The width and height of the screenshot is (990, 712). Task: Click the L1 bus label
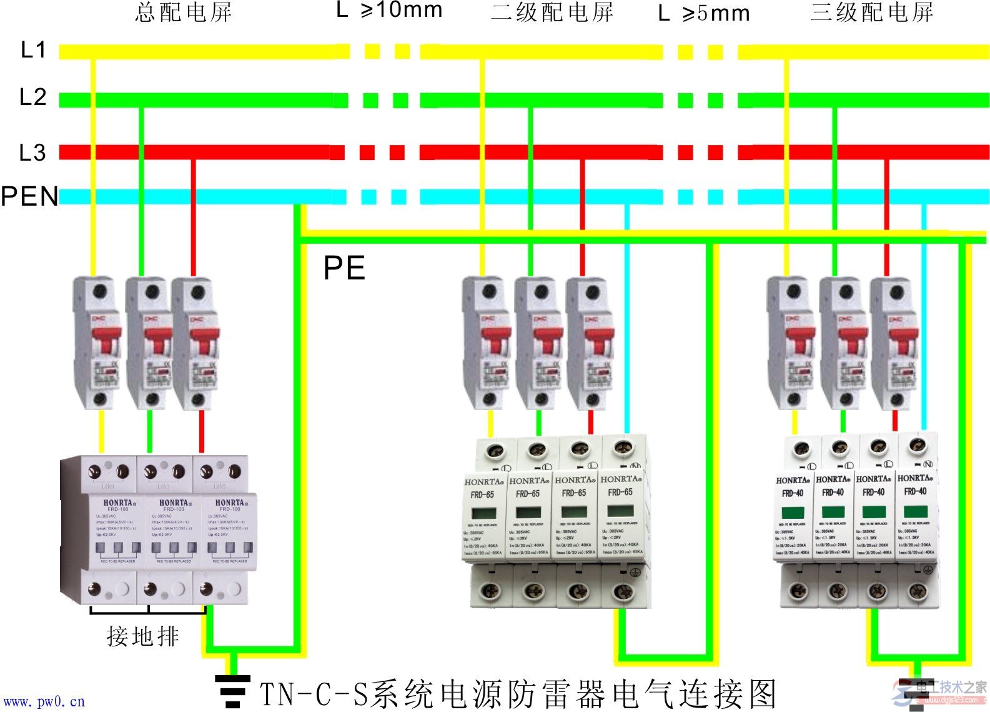33,49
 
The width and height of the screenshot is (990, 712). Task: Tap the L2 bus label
33,97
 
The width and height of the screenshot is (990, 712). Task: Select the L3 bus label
32,153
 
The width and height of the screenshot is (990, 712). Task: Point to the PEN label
29,196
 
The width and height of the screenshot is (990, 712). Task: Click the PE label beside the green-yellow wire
344,269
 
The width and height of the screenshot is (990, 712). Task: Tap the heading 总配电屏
184,13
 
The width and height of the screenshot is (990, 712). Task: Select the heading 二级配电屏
552,13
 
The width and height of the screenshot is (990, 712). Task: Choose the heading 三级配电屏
872,13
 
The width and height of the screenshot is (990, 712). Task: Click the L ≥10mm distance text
389,10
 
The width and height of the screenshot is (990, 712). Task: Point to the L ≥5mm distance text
704,13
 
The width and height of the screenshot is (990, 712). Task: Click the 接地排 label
143,636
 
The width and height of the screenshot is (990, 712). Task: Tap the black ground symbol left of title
232,691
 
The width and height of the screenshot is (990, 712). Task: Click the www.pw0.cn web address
43,702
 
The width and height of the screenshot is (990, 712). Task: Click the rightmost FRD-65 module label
620,492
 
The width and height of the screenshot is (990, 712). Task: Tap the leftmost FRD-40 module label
792,493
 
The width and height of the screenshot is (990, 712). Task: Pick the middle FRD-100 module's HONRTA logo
174,503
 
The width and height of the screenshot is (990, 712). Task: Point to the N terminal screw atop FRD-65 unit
621,448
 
